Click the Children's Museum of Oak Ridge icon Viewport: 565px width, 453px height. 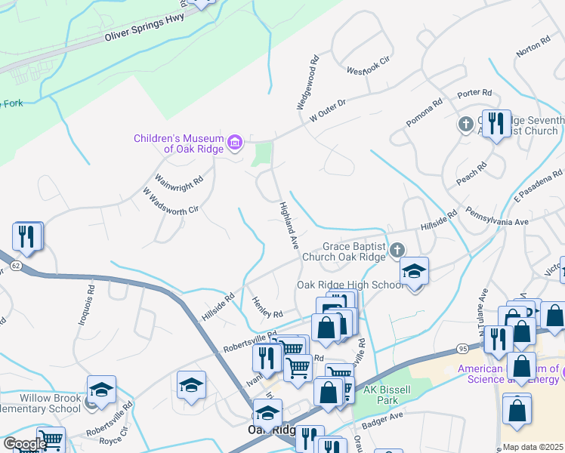pyautogui.click(x=235, y=142)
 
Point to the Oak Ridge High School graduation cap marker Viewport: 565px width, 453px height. pyautogui.click(x=414, y=271)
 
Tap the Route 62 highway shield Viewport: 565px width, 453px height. pyautogui.click(x=15, y=266)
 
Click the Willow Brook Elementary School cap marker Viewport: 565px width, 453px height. pyautogui.click(x=101, y=390)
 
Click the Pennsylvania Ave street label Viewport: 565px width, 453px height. pyautogui.click(x=499, y=217)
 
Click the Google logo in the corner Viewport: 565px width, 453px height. pyautogui.click(x=25, y=444)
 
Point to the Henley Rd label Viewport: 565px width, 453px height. pyautogui.click(x=267, y=307)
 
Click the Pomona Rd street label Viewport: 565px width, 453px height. pyautogui.click(x=424, y=116)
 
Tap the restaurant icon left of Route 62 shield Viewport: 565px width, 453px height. pyautogui.click(x=27, y=236)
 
